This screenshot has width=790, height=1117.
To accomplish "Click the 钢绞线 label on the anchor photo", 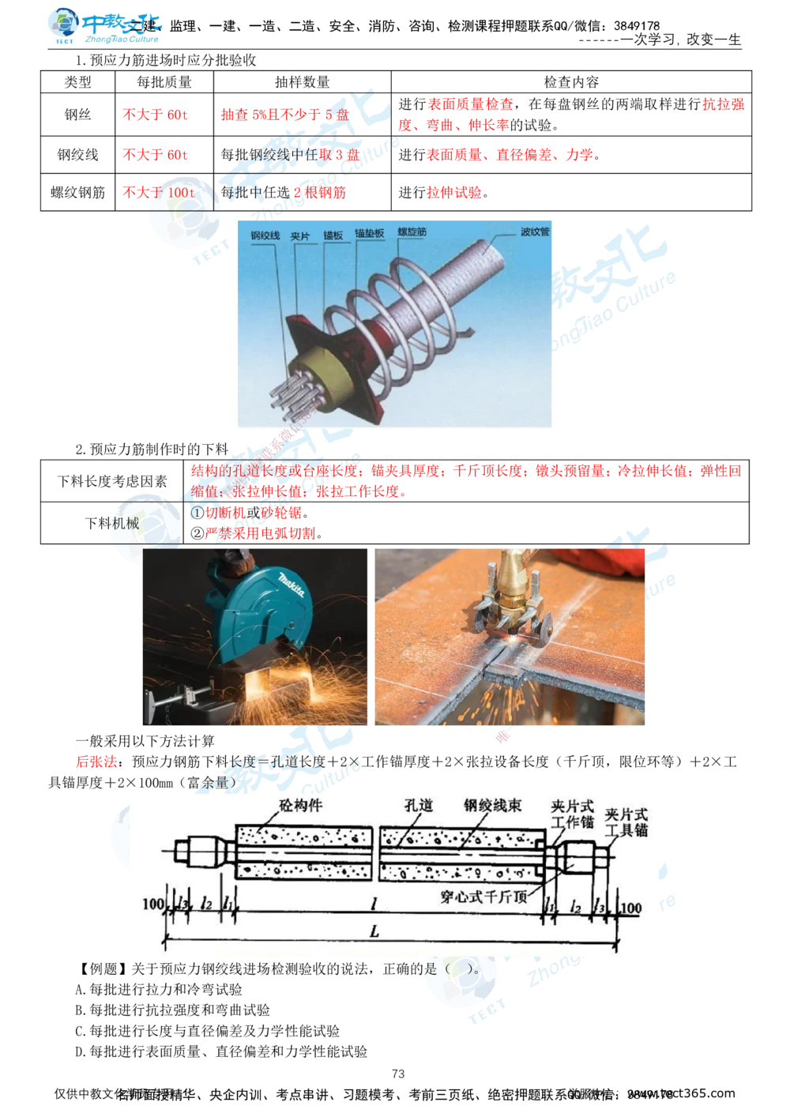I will (x=265, y=235).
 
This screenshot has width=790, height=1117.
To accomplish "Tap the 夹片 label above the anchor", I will (x=299, y=235).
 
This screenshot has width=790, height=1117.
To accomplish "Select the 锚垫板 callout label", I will (x=369, y=234).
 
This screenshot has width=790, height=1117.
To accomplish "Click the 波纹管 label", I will (x=535, y=232).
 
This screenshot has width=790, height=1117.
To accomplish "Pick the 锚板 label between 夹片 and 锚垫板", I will (x=333, y=235).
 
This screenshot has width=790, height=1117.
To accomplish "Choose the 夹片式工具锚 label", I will (x=626, y=822).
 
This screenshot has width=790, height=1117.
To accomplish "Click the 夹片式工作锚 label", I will (x=572, y=814).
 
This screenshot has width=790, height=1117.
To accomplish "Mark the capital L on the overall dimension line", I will (x=374, y=931).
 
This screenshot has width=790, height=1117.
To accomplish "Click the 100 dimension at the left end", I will (x=153, y=904).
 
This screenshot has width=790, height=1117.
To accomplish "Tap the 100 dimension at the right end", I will (x=631, y=908).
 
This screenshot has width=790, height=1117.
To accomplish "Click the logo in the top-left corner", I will (x=103, y=25).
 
